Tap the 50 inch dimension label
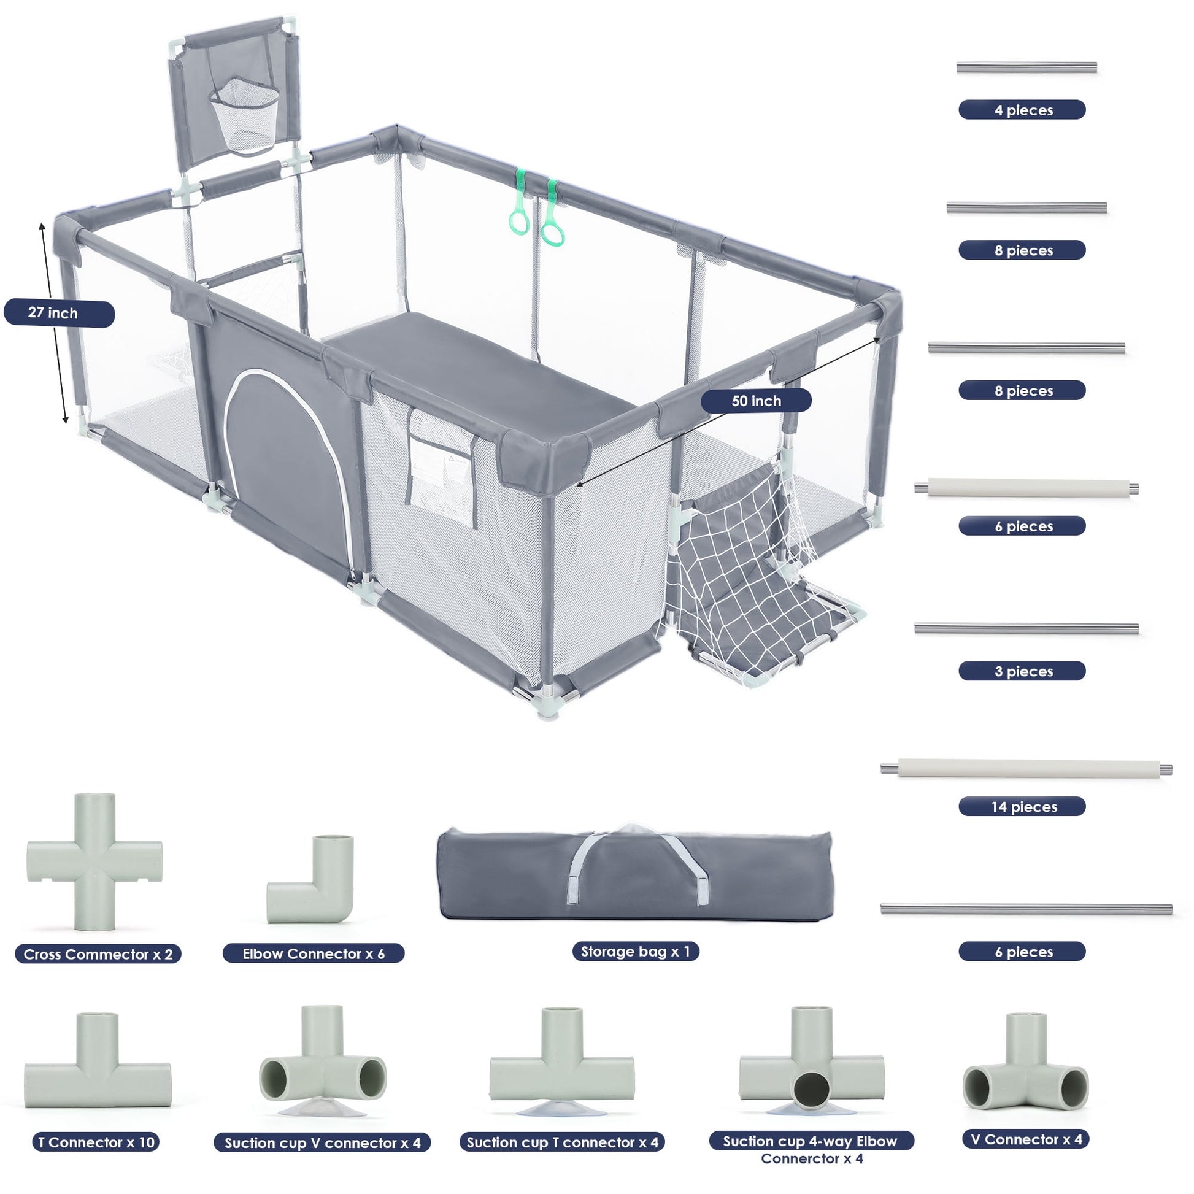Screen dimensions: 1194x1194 755,401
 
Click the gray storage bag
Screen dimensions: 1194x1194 634,874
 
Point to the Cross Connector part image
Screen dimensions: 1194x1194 94,861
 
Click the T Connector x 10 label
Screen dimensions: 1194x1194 96,1142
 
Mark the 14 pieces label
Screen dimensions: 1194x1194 1022,806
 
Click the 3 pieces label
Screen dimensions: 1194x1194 1022,671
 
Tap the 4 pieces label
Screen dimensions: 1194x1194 1022,110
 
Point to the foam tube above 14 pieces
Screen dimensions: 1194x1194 1026,769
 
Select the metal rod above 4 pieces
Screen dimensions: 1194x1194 1026,67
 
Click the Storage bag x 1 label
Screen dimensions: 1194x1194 634,951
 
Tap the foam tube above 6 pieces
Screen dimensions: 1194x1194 1026,488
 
